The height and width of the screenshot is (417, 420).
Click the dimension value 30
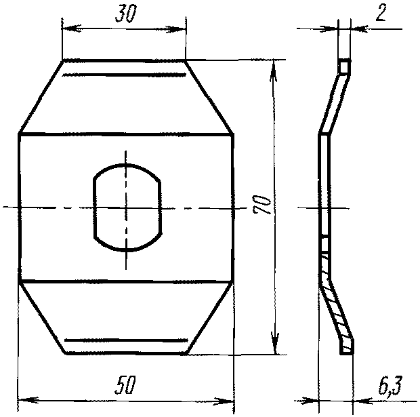click(125, 14)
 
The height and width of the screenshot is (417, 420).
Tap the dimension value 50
click(125, 385)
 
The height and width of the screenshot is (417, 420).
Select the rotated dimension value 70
click(261, 205)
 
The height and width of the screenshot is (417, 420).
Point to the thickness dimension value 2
click(381, 13)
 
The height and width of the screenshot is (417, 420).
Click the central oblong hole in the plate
click(127, 207)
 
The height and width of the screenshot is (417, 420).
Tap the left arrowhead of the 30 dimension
click(72, 28)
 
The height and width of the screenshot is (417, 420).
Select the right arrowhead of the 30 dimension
click(175, 29)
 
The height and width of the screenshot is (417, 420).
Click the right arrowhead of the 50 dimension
click(224, 401)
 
